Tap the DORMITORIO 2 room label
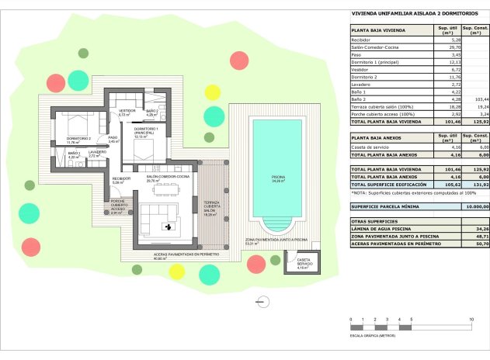pos(79,140)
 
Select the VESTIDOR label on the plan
pos(124,112)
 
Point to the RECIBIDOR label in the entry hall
pos(121,178)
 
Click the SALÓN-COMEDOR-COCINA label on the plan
pos(169,177)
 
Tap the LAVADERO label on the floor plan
pos(96,153)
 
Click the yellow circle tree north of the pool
pos(212,92)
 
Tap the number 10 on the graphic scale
pos(471,320)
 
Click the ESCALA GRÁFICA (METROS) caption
pos(373,336)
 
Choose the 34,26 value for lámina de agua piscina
pos(481,230)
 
